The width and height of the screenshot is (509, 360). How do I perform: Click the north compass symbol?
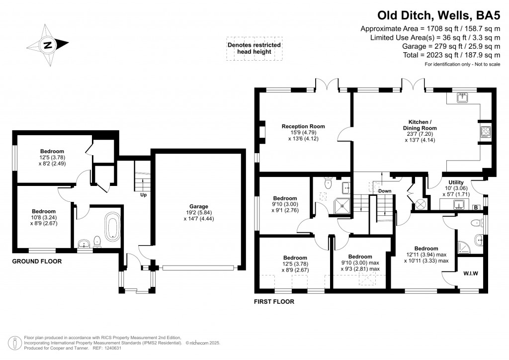click(48, 45)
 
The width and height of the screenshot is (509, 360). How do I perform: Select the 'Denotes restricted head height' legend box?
click(254, 48)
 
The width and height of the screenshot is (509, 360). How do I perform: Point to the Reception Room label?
click(303, 126)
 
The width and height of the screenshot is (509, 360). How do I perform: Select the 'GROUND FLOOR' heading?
click(36, 261)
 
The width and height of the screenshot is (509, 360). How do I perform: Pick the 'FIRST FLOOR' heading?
click(274, 301)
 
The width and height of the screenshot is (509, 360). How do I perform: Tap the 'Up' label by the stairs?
click(143, 195)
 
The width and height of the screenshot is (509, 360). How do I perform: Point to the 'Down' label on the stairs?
click(385, 191)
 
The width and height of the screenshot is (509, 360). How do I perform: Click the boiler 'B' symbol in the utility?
click(476, 207)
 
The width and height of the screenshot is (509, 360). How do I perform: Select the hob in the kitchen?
click(485, 131)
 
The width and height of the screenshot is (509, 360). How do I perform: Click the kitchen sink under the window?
click(463, 97)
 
